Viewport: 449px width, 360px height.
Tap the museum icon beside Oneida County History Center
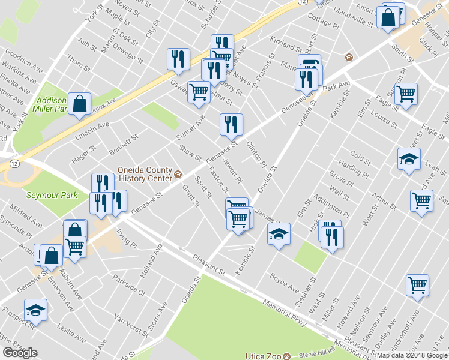point(178,175)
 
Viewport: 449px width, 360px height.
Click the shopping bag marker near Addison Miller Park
point(79,104)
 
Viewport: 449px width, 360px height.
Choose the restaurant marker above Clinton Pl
point(231,125)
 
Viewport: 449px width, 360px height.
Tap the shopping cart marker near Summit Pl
point(406,94)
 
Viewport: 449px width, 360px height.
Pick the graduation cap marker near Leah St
point(409,160)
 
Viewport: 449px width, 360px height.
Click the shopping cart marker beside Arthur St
point(421,201)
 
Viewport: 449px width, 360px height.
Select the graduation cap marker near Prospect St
point(35,310)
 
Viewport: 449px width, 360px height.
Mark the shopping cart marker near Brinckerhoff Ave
point(417,286)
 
